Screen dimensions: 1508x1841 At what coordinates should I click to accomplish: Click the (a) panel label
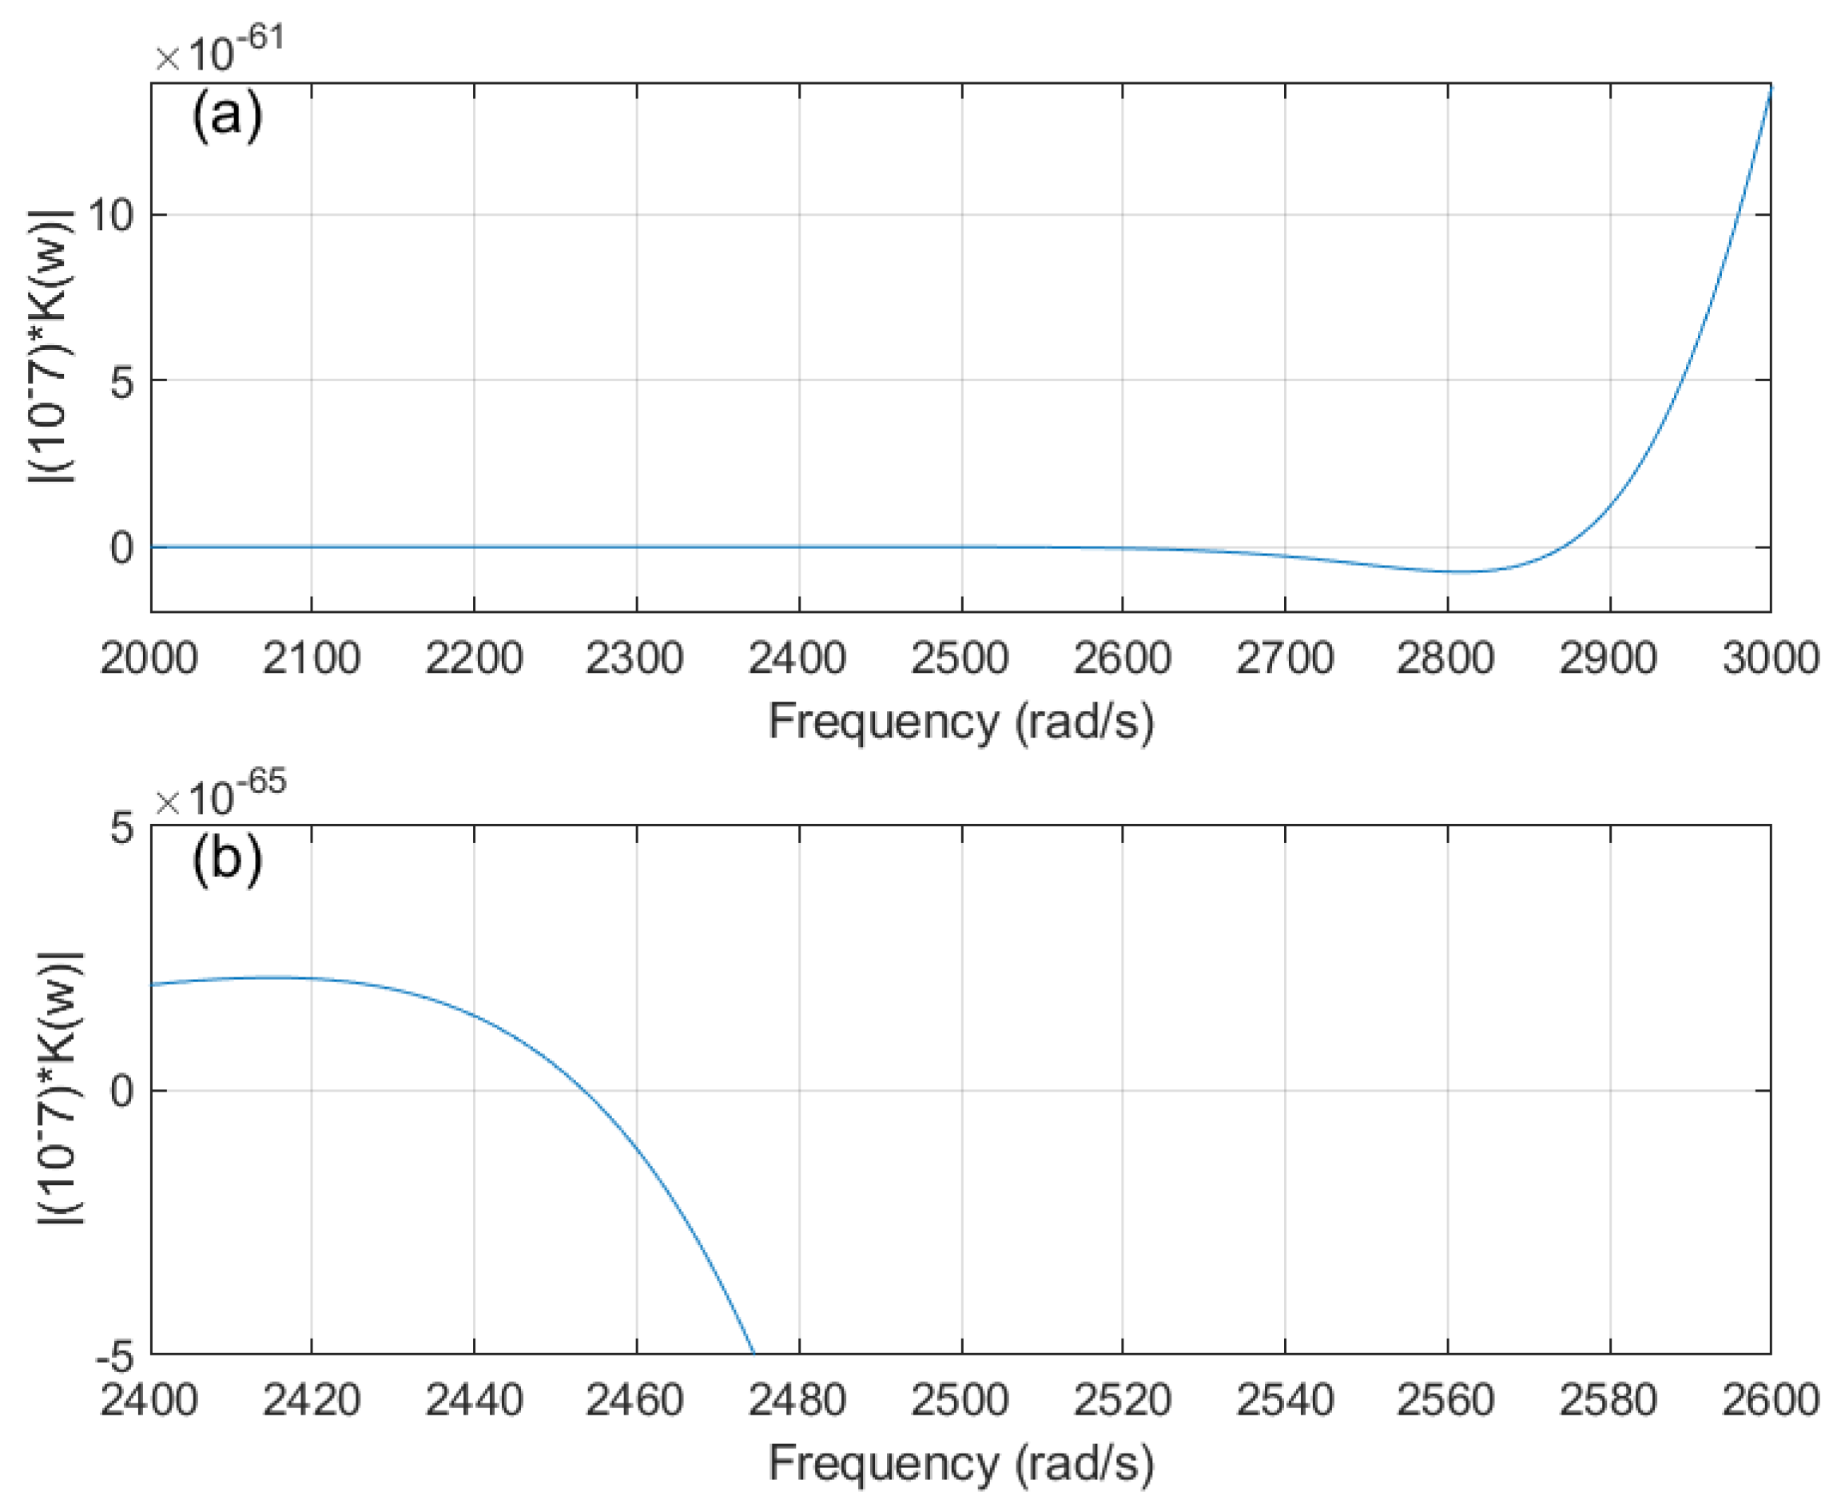(x=227, y=116)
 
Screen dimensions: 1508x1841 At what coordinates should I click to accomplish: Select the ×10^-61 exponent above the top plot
(x=220, y=50)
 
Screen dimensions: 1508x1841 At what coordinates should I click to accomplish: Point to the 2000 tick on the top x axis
(x=149, y=658)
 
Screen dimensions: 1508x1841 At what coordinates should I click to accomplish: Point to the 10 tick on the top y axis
(x=110, y=214)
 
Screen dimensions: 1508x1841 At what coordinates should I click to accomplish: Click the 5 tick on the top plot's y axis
(x=121, y=380)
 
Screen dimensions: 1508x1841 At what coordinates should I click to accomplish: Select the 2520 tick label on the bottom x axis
(x=1122, y=1399)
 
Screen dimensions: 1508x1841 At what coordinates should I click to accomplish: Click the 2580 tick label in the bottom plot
(x=1608, y=1399)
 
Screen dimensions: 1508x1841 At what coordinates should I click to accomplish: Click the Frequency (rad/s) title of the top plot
(x=960, y=722)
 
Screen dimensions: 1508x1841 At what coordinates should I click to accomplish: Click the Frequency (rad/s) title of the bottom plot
(x=960, y=1464)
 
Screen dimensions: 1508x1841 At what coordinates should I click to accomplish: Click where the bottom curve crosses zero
(x=580, y=1090)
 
